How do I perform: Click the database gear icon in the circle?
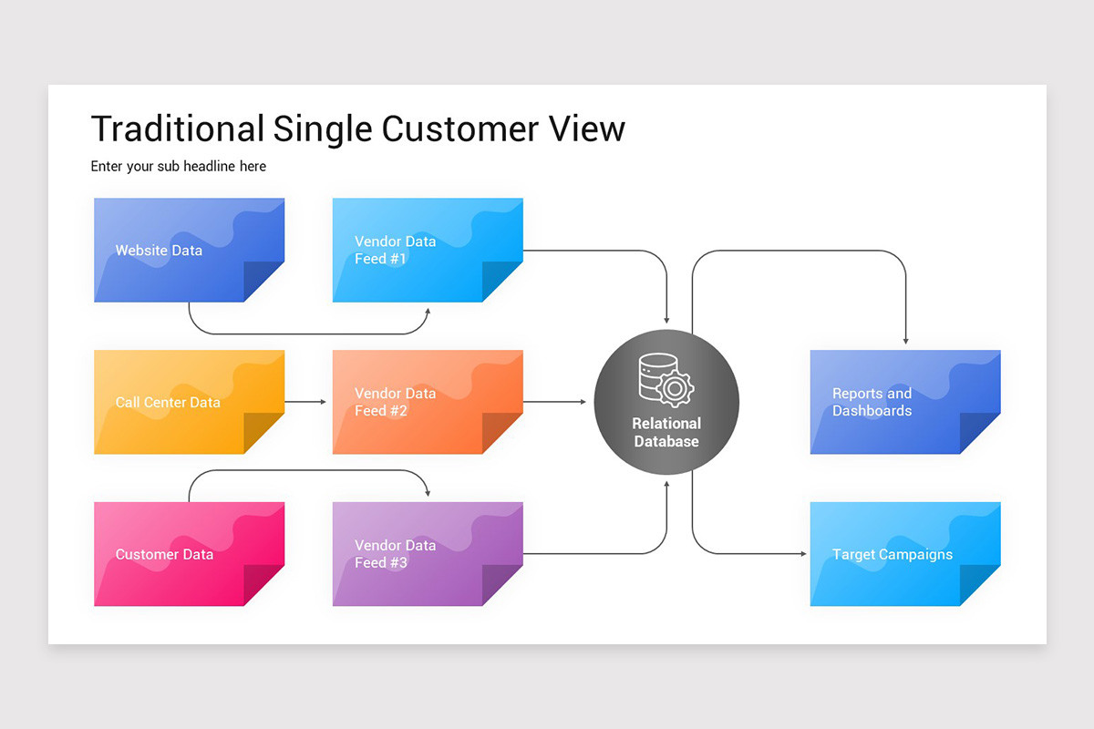(x=666, y=380)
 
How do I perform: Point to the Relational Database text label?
(x=666, y=433)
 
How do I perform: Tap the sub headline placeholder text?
(x=179, y=167)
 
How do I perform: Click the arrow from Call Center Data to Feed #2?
(x=306, y=402)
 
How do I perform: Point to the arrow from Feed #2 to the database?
(x=556, y=402)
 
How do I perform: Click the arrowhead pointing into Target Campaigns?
(x=802, y=554)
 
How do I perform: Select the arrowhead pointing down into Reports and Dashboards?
(x=905, y=340)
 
